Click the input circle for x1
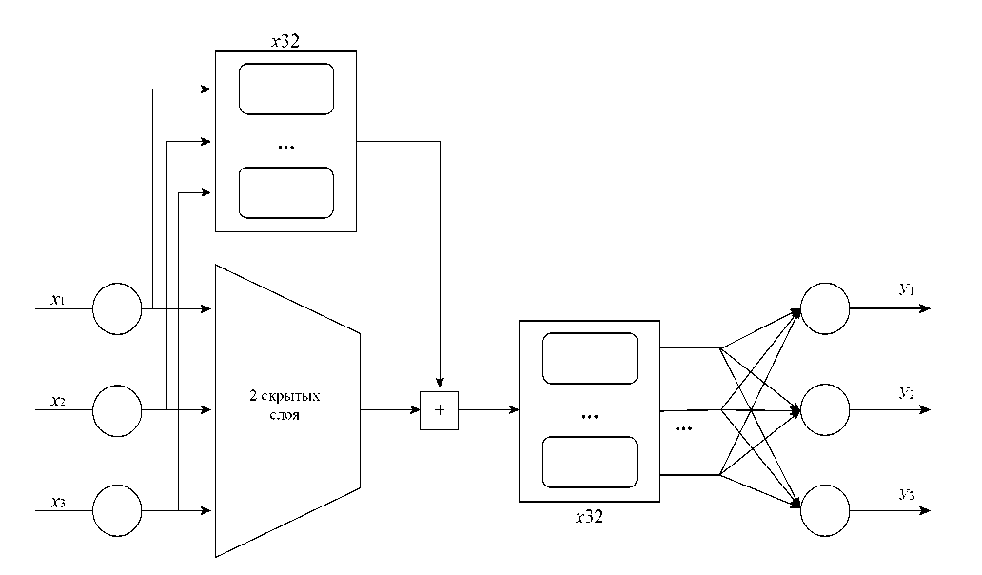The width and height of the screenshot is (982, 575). pyautogui.click(x=117, y=309)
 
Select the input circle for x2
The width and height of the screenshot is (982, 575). pyautogui.click(x=117, y=410)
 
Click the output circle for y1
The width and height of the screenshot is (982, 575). pyautogui.click(x=825, y=309)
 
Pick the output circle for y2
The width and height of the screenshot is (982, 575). pyautogui.click(x=825, y=410)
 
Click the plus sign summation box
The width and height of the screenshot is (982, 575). pyautogui.click(x=439, y=410)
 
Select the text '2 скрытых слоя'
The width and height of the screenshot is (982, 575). pyautogui.click(x=286, y=409)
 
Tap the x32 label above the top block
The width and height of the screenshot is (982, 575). pyautogui.click(x=285, y=42)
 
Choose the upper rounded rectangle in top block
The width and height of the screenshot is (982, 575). pyautogui.click(x=285, y=89)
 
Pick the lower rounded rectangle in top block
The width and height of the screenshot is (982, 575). pyautogui.click(x=285, y=192)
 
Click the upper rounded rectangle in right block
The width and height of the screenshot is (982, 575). pyautogui.click(x=589, y=359)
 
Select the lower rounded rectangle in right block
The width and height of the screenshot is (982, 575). pyautogui.click(x=589, y=462)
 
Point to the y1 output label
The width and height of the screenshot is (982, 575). pyautogui.click(x=905, y=288)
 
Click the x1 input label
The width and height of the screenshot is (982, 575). pyautogui.click(x=56, y=300)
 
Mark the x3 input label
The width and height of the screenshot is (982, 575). pyautogui.click(x=56, y=500)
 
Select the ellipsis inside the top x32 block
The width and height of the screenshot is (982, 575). pyautogui.click(x=285, y=147)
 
